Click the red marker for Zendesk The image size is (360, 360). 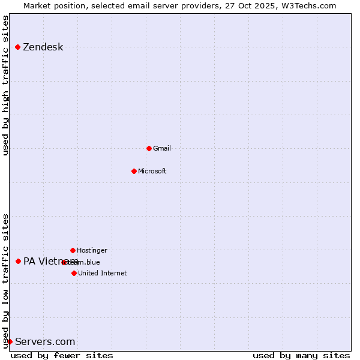coord(18,47)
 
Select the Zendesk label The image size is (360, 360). coord(43,47)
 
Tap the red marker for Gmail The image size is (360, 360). coord(149,148)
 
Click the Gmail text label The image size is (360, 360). coord(162,149)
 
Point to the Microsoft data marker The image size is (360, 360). coord(134,171)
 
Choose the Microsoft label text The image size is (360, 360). coord(152,172)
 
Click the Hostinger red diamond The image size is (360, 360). coord(73,250)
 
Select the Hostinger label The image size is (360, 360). coord(92,251)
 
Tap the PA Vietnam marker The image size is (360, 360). coord(19,261)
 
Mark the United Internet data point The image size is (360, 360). coord(74,273)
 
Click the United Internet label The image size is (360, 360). coord(102,274)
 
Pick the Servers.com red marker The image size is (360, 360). coord(10,341)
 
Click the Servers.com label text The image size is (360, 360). coord(45,342)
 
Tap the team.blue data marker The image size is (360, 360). coord(64,262)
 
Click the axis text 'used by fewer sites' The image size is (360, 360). coord(62,355)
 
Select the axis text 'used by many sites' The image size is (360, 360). coord(301,355)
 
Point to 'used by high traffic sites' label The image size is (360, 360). coord(5,86)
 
